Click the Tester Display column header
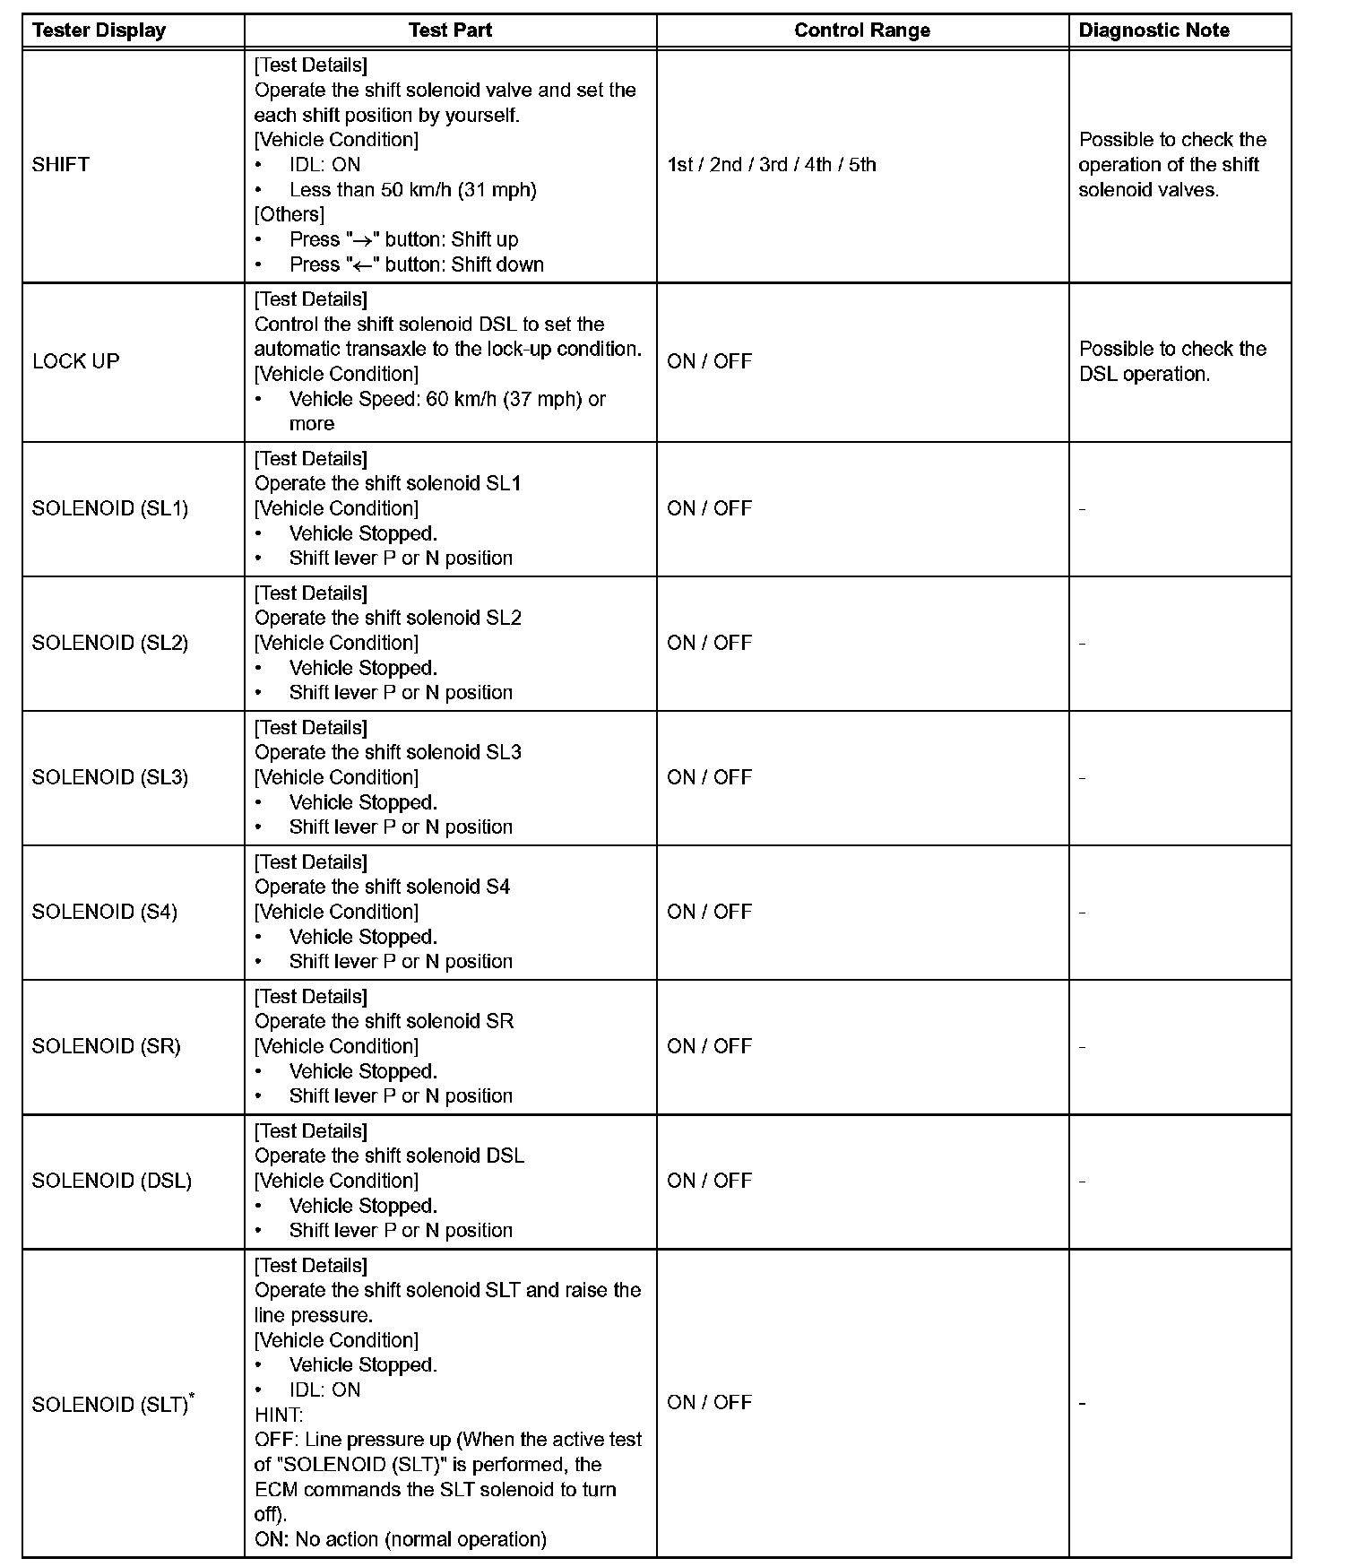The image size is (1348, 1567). (99, 30)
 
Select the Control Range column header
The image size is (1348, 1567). (861, 30)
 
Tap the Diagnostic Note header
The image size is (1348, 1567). (1154, 30)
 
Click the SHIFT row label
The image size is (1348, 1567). (61, 165)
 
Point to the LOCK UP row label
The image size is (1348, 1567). (75, 361)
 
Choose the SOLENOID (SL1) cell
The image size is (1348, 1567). (110, 508)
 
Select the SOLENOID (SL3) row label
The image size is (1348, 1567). (110, 777)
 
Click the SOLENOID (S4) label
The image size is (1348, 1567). (105, 912)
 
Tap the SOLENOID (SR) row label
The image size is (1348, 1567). (106, 1046)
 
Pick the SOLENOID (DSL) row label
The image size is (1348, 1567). (112, 1181)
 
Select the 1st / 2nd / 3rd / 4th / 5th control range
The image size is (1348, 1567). (771, 165)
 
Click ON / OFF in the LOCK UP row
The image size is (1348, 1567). (709, 361)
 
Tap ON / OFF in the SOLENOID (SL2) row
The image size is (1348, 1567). (709, 643)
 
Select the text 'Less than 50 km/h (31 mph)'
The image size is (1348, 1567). (412, 190)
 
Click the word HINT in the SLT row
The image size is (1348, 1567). (279, 1415)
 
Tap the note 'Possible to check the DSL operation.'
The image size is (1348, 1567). (1172, 361)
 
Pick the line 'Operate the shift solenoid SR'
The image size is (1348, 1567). (384, 1021)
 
